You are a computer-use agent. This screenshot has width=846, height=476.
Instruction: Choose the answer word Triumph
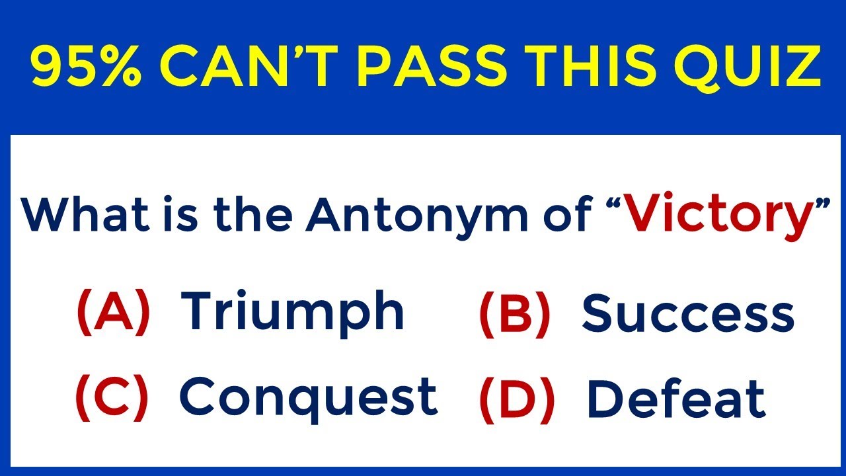[292, 312]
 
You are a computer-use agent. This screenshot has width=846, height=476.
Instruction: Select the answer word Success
[687, 314]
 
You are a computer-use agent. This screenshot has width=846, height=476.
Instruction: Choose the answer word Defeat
[675, 399]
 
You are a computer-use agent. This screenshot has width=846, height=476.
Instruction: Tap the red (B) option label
[514, 314]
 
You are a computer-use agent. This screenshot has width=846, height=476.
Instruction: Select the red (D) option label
[516, 399]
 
